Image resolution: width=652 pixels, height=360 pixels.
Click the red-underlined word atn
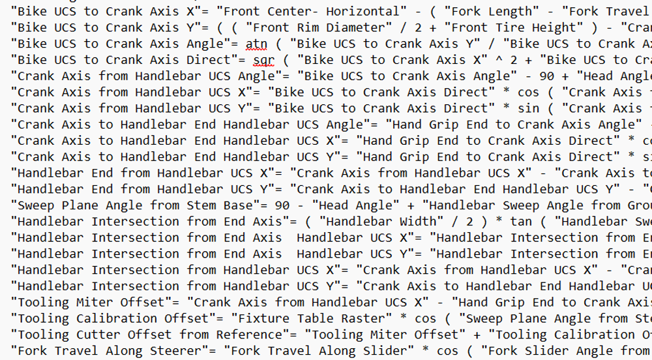point(257,44)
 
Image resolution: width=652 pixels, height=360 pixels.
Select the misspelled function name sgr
point(264,60)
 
